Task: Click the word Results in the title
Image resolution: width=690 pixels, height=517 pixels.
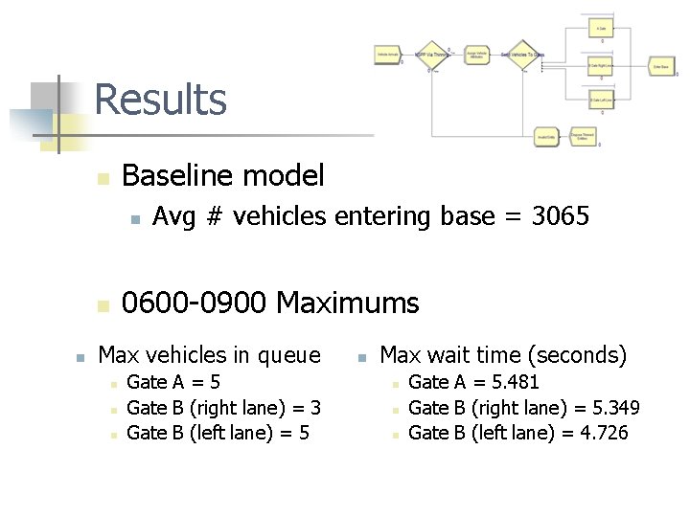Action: (160, 100)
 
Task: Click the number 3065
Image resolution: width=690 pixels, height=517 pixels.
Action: (561, 217)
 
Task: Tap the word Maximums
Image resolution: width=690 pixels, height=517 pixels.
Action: (347, 303)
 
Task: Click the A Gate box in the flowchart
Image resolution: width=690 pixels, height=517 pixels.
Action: (601, 30)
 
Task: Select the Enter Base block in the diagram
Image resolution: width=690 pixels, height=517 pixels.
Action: (660, 66)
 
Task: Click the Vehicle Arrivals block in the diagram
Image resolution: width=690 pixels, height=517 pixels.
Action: (387, 56)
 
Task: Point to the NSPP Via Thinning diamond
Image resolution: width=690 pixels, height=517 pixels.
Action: (431, 55)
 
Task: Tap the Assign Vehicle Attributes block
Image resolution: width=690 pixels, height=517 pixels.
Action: (476, 56)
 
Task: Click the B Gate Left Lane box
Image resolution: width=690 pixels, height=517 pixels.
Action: (601, 100)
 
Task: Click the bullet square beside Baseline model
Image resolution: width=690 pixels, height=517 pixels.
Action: (103, 178)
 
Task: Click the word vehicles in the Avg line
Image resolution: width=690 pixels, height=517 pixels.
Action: (281, 217)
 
